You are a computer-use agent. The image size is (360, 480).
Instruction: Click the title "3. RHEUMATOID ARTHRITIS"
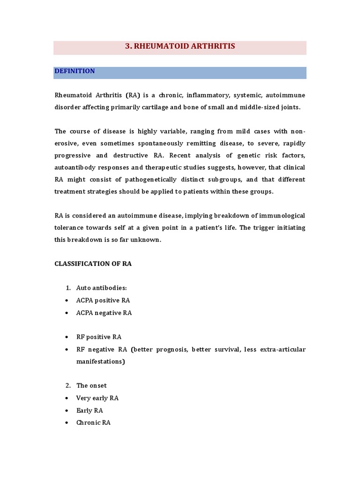(x=180, y=46)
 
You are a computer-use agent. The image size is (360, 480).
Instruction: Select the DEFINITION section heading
(x=75, y=71)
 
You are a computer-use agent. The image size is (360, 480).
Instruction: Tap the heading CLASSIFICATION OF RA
(x=93, y=264)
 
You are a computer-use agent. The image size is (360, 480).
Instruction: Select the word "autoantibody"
(x=75, y=167)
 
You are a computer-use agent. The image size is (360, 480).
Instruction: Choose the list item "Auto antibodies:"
(x=102, y=288)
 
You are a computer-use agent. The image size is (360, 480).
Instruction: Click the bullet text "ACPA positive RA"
(x=103, y=300)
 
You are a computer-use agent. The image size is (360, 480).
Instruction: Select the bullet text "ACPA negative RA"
(x=104, y=313)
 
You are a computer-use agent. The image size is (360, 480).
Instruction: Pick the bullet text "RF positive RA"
(x=99, y=337)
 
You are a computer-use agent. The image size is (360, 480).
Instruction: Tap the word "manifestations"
(x=100, y=362)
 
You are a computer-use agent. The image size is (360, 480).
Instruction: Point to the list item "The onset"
(x=91, y=386)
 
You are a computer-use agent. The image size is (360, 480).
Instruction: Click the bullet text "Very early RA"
(x=97, y=398)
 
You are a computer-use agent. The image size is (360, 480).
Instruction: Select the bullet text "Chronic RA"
(x=93, y=422)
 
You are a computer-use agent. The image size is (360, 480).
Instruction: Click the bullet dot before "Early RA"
(x=68, y=411)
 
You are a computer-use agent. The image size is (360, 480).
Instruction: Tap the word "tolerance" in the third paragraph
(x=70, y=227)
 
